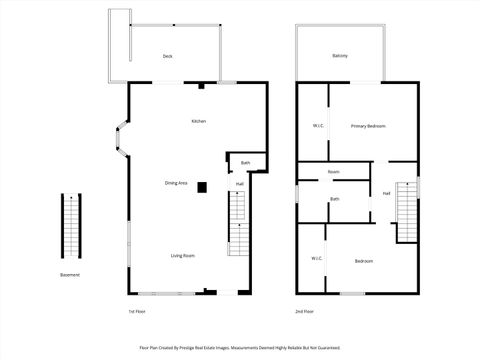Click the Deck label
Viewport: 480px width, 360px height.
coord(168,56)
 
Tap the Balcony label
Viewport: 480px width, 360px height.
coord(340,55)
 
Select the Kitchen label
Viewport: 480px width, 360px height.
coord(199,121)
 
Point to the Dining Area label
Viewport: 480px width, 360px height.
coord(176,183)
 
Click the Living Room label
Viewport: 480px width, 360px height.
coord(182,256)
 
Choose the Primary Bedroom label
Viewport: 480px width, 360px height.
coord(368,126)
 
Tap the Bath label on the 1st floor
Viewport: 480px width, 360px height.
coord(245,162)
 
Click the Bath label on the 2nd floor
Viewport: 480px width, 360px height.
coord(336,199)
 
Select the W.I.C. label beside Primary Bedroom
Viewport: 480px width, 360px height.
coord(318,126)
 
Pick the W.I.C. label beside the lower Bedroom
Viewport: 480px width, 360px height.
coord(316,259)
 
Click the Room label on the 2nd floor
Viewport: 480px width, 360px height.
coord(334,172)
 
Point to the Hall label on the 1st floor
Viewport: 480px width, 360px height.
coord(240,184)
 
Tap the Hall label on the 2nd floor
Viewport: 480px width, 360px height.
coord(386,193)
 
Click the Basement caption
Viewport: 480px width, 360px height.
coord(70,275)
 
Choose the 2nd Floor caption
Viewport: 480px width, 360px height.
coord(305,311)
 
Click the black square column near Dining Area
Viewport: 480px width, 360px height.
coord(202,186)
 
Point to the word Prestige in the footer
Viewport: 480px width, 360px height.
coord(196,348)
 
